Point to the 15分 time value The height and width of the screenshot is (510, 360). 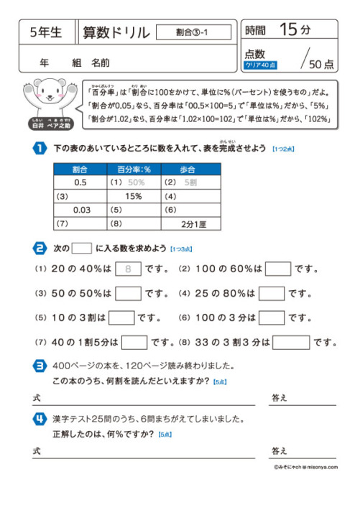(295, 30)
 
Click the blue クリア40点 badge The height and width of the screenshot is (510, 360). (260, 64)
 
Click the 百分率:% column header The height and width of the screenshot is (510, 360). (134, 170)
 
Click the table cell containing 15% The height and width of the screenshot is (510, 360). (134, 196)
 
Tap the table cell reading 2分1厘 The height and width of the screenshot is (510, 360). (191, 223)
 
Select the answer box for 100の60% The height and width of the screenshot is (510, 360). (278, 269)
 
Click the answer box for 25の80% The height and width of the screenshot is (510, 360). (272, 293)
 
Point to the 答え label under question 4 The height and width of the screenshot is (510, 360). (279, 450)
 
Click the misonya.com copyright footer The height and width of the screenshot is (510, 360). (305, 465)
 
